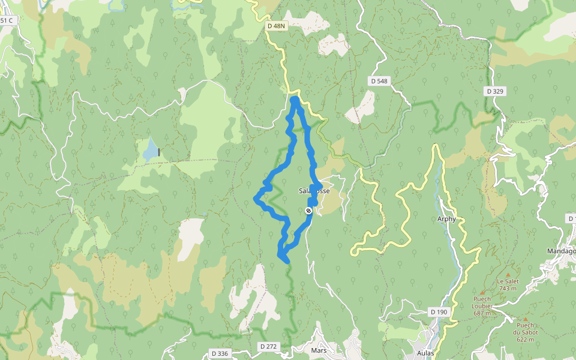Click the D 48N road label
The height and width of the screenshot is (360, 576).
275,26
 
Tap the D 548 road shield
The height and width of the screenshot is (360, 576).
379,81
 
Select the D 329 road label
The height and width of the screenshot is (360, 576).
495,91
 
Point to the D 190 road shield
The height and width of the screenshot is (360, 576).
439,312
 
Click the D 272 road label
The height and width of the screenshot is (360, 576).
269,347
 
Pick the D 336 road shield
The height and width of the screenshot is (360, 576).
220,353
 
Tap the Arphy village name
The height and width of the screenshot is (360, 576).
446,219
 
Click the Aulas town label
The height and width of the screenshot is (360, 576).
425,353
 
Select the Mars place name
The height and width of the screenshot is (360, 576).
318,350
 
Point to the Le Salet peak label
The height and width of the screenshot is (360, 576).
507,281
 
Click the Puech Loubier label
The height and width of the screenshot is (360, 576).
482,302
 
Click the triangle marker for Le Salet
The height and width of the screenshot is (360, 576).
508,274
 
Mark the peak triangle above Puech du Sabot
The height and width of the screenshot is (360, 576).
526,320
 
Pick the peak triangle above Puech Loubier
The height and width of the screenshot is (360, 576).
482,292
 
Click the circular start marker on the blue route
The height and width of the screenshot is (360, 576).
308,211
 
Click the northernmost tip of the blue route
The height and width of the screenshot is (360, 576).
295,98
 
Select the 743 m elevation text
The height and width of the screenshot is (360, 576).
507,288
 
